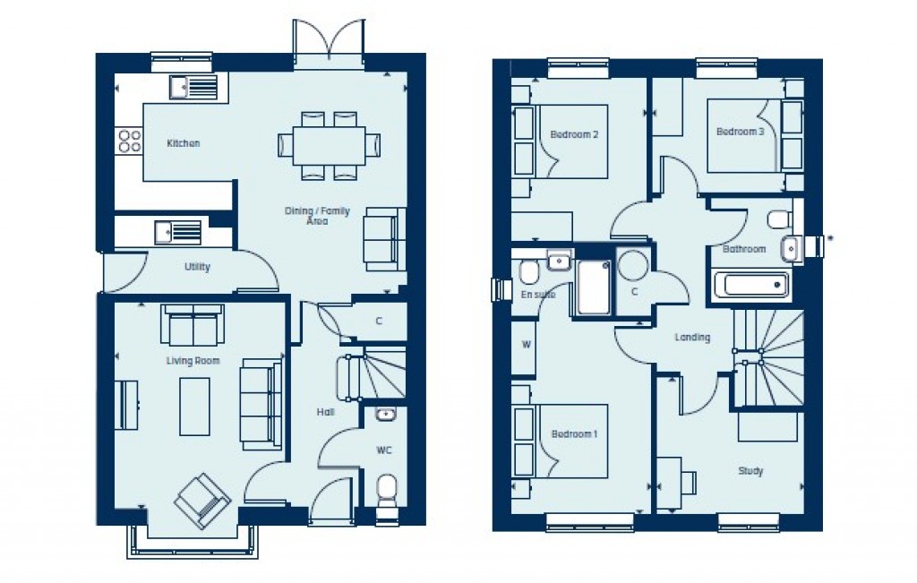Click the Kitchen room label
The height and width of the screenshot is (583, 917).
(184, 143)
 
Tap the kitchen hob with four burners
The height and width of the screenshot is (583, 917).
(130, 141)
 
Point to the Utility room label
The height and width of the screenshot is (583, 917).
(197, 267)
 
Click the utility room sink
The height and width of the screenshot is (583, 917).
(177, 232)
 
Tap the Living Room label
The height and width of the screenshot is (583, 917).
(193, 361)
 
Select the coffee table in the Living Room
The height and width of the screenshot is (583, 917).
(194, 406)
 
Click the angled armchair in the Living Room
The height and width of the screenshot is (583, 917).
(201, 500)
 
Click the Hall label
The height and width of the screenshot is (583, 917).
(325, 413)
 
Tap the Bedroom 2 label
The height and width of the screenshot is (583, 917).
(574, 134)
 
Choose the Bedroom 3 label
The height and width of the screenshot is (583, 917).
(740, 132)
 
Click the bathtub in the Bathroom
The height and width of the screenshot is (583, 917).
(750, 286)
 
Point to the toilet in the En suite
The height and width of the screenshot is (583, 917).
(527, 270)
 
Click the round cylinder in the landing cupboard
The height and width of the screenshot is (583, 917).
(633, 265)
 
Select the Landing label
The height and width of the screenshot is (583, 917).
(692, 338)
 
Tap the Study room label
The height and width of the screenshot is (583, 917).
(750, 471)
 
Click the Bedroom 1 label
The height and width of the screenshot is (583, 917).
(574, 434)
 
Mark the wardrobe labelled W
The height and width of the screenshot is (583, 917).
(526, 344)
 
